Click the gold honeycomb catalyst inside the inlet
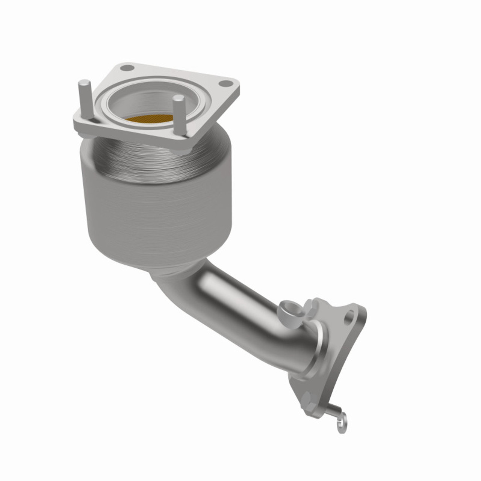click(149, 119)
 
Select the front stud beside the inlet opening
click(180, 116)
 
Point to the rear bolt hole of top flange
click(127, 68)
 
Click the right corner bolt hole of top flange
click(225, 83)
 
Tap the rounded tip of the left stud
click(84, 83)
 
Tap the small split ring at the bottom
click(342, 427)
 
